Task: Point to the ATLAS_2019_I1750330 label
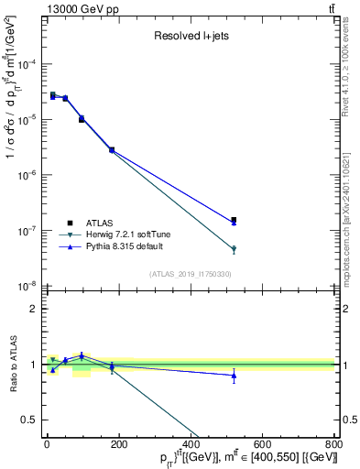pos(191,274)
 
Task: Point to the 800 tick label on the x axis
pos(333,443)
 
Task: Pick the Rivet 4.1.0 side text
pos(352,69)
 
